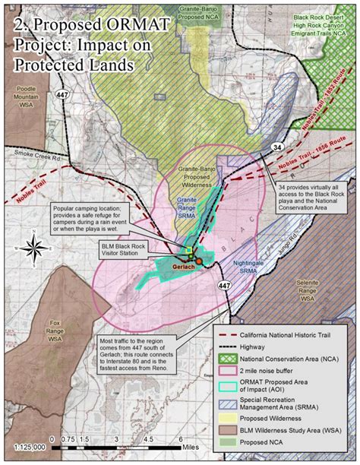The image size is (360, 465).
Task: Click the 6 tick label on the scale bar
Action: point(181,439)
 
